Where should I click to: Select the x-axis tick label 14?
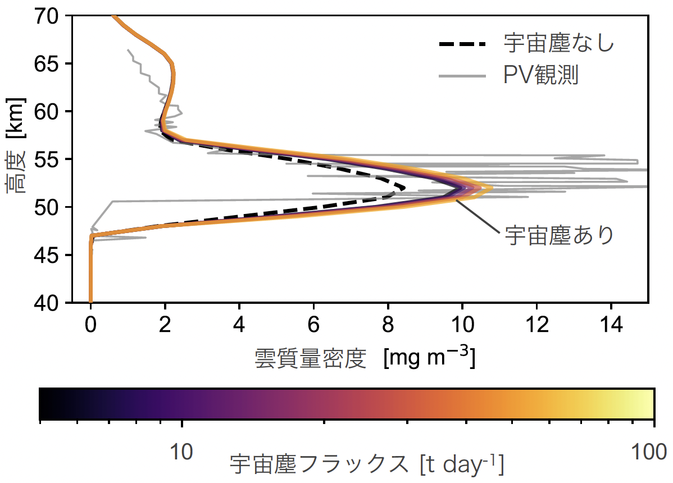pos(611,325)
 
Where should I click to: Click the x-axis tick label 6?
pos(313,325)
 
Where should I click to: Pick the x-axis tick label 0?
pos(90,325)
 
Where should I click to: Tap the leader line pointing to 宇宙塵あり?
pos(477,215)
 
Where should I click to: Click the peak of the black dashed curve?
pos(403,187)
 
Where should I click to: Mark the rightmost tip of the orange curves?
pos(492,188)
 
